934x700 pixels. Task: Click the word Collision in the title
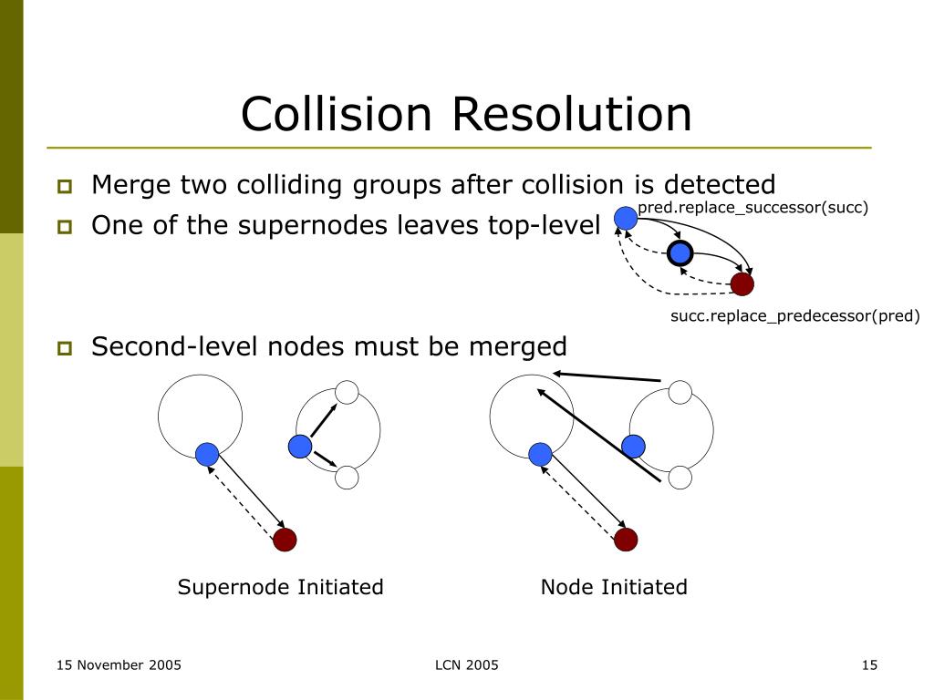click(336, 114)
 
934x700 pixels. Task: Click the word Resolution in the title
click(572, 114)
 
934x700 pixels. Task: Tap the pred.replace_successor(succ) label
click(752, 208)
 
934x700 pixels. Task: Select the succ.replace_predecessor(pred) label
click(795, 315)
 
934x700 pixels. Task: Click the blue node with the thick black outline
click(680, 253)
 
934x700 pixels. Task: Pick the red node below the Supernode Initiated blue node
click(285, 540)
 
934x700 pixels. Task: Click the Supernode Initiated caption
click(281, 587)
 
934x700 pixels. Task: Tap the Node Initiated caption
click(614, 587)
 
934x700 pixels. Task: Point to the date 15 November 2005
click(119, 664)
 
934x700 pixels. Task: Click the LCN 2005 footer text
click(467, 664)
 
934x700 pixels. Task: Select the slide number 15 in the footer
click(869, 664)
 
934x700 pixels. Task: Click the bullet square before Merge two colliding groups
click(65, 186)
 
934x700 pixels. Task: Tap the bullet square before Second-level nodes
click(65, 348)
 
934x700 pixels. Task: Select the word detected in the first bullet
click(720, 184)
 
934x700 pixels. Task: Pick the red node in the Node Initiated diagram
click(626, 540)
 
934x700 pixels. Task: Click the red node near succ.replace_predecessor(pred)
click(742, 284)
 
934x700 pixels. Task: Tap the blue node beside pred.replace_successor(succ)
click(626, 218)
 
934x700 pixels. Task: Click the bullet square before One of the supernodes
click(65, 227)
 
